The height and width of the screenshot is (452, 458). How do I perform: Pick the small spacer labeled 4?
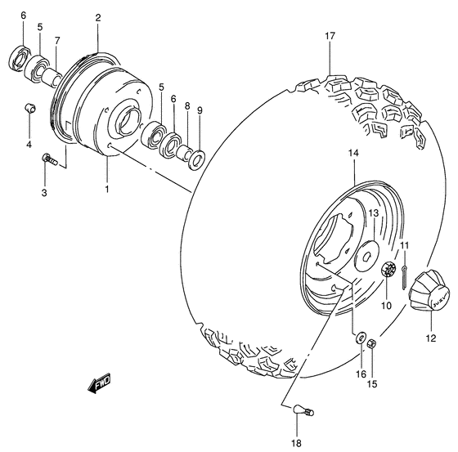click(x=29, y=108)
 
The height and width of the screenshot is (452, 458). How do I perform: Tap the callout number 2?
click(x=97, y=17)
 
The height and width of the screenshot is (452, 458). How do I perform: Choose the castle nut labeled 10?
click(x=390, y=270)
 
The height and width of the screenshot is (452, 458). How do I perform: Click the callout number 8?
click(x=187, y=106)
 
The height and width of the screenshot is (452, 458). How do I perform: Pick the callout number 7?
click(x=57, y=40)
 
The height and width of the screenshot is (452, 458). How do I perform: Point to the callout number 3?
click(x=44, y=193)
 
